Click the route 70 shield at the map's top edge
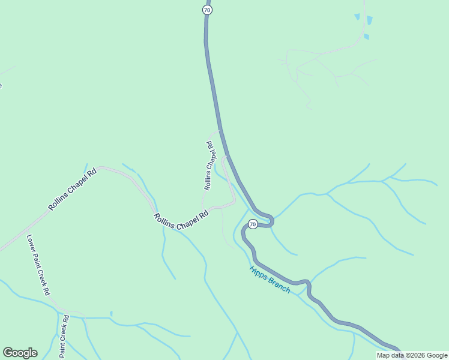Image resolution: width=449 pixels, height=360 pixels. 207,10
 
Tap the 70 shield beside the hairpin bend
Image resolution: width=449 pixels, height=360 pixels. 253,224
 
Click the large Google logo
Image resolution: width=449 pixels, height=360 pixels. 20,353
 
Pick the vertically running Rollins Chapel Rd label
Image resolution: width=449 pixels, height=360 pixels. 209,166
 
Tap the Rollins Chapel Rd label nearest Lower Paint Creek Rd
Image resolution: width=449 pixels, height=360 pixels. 72,190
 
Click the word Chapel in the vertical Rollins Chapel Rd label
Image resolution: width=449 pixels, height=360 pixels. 209,163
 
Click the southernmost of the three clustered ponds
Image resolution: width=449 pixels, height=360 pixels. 366,37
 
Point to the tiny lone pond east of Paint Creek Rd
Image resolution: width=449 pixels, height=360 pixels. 111,313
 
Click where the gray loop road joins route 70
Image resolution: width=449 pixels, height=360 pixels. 227,157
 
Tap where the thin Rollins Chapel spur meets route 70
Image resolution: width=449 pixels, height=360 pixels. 220,130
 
